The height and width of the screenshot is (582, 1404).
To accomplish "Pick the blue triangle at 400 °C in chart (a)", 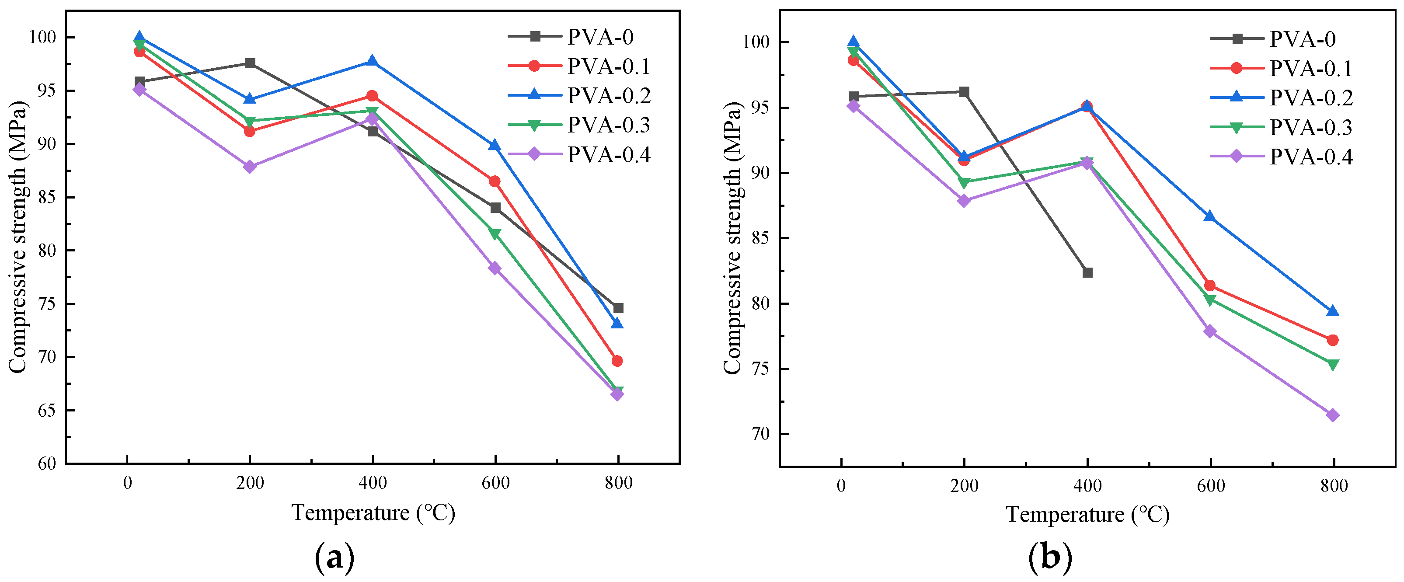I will point(372,61).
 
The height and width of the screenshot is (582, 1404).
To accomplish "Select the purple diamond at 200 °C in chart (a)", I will point(250,167).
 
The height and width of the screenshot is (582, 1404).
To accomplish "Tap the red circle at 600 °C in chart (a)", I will point(495,181).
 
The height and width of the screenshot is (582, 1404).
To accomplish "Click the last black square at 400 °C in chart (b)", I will point(1087,272).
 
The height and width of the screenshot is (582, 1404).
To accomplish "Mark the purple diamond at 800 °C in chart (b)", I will point(1333,415).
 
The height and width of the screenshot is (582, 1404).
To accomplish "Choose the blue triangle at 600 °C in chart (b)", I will point(1210,216).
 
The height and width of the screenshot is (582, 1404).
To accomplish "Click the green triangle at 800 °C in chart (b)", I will point(1333,365).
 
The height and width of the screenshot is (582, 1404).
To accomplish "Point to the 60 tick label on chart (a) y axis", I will point(47,464).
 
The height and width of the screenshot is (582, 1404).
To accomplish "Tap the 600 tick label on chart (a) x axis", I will point(495,483).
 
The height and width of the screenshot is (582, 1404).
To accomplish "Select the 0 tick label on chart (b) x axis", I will point(841,485).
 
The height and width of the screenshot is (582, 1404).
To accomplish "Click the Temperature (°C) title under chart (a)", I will point(373,513).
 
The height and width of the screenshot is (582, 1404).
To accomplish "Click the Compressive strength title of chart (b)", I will point(733,238).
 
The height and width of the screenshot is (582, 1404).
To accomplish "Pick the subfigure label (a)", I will point(334,558).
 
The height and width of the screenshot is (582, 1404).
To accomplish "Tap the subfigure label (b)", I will point(1050,558).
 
